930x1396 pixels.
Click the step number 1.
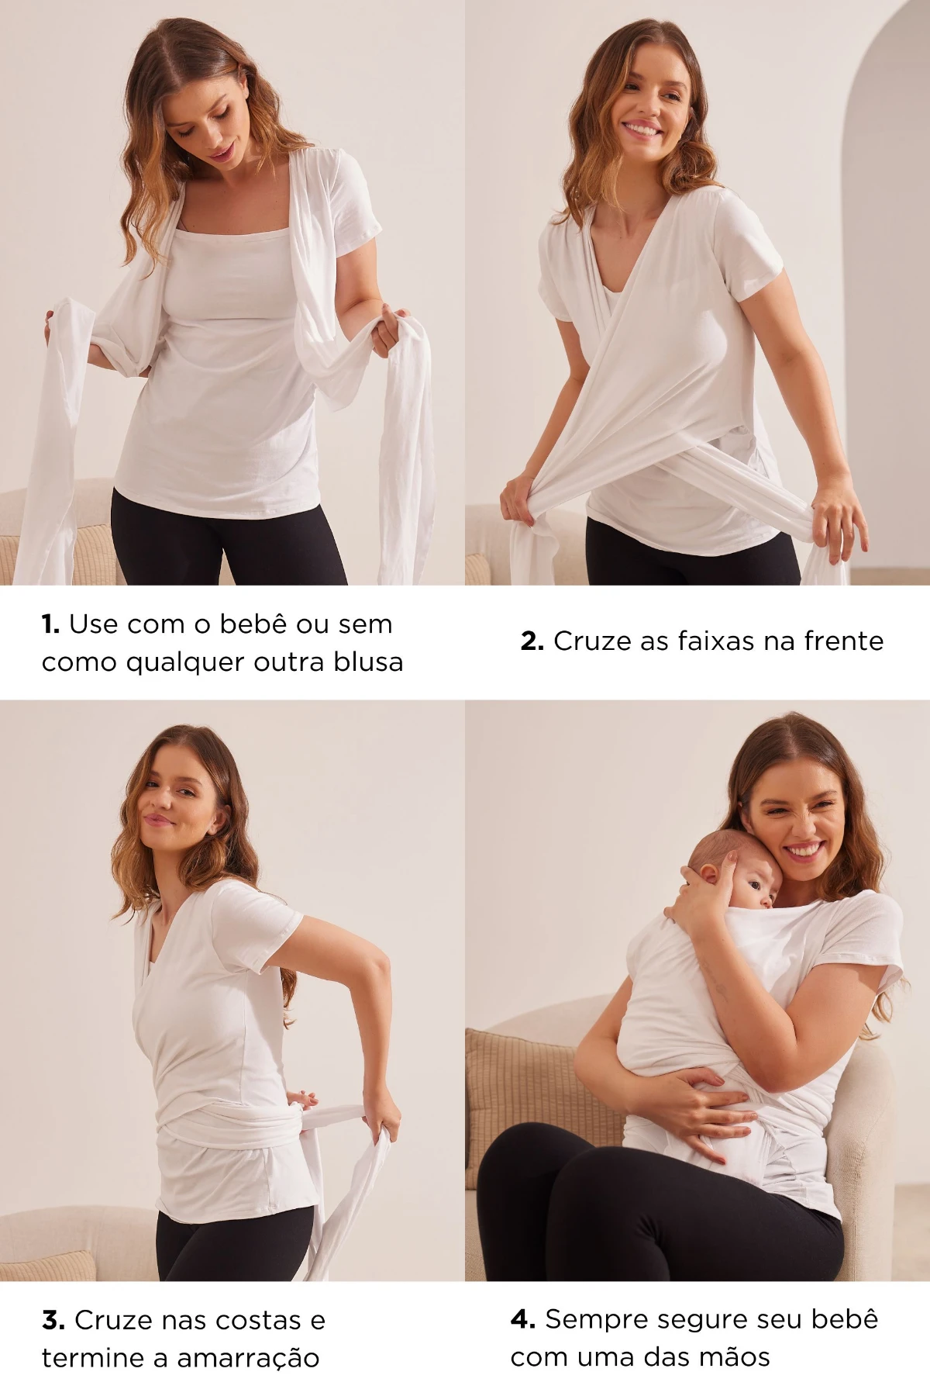[x=50, y=624]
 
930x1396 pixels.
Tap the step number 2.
[x=532, y=641]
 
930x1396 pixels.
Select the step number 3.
[x=53, y=1320]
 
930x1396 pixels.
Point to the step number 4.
[x=523, y=1319]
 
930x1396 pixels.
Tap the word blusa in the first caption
[x=368, y=662]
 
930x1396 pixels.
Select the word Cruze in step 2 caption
[x=588, y=641]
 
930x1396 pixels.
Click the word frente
[x=843, y=641]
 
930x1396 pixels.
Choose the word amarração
[x=248, y=1359]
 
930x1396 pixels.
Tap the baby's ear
[x=711, y=873]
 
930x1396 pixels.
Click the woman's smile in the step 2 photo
[x=642, y=128]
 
